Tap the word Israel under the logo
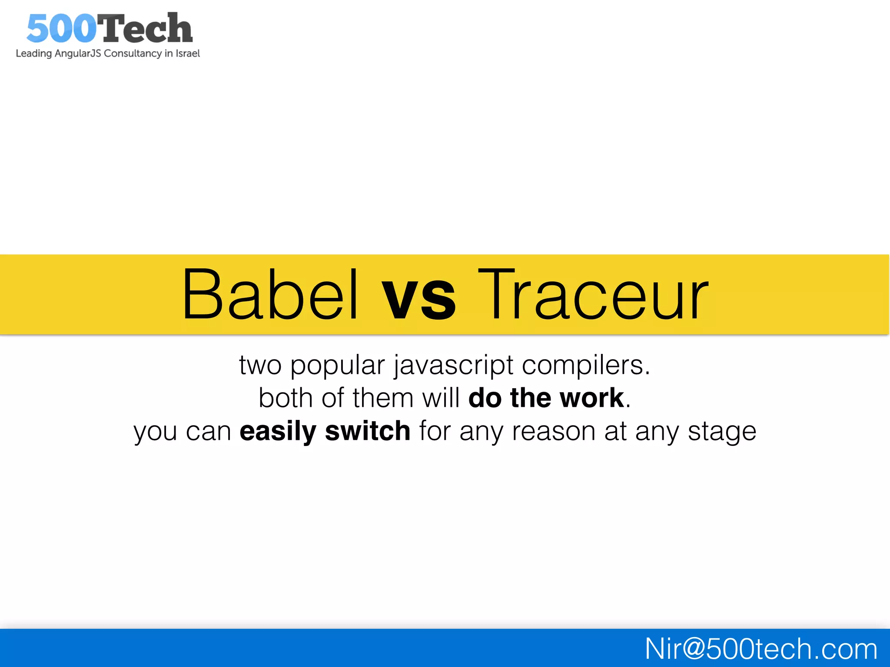click(187, 53)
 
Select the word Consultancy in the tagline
click(133, 53)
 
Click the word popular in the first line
click(337, 366)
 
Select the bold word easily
click(278, 432)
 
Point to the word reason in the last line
click(553, 432)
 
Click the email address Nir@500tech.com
click(760, 649)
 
